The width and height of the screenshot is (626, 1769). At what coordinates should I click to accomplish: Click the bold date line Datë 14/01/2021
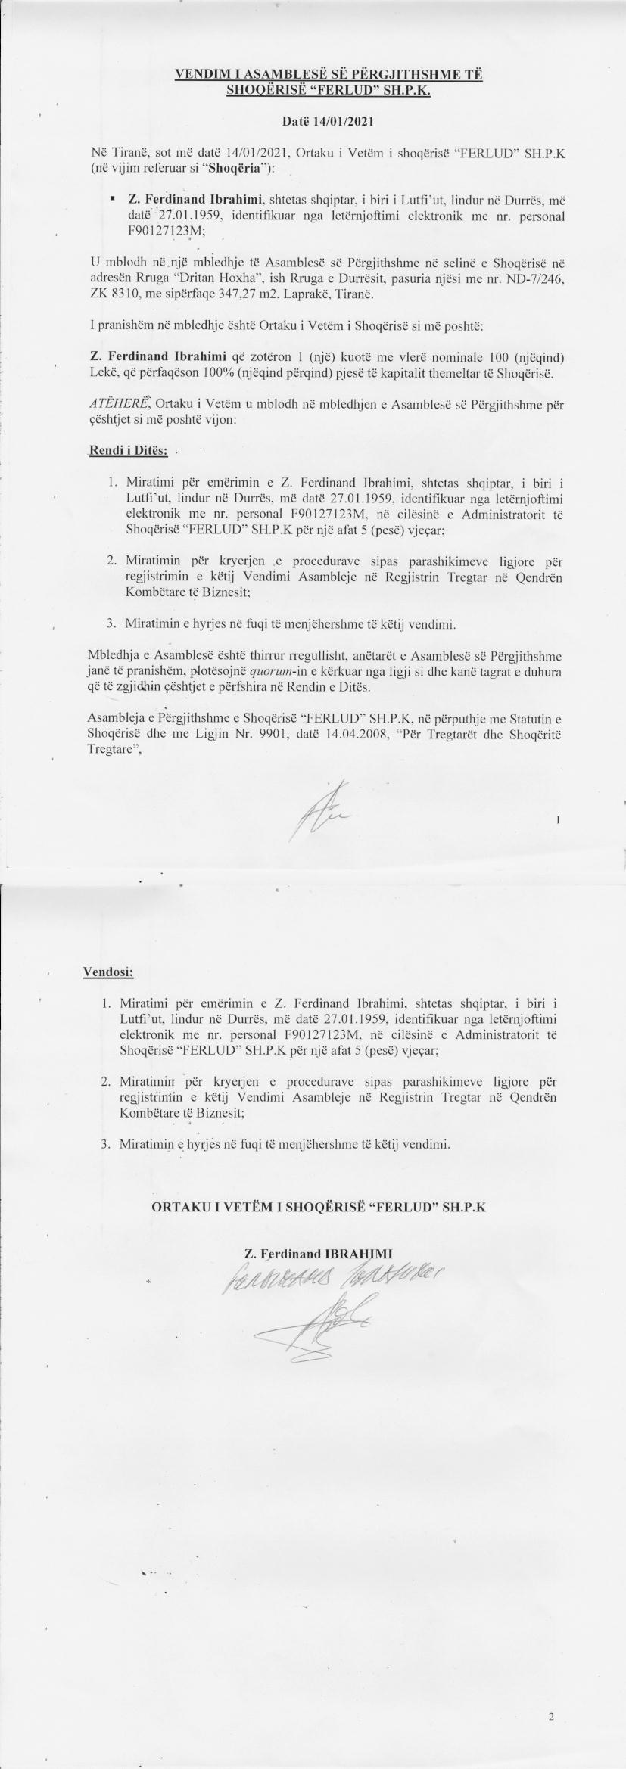tap(328, 120)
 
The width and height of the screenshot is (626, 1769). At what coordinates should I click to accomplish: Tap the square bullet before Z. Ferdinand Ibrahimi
tap(112, 199)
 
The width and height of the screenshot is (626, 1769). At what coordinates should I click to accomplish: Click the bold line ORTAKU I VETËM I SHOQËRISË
tap(318, 1207)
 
